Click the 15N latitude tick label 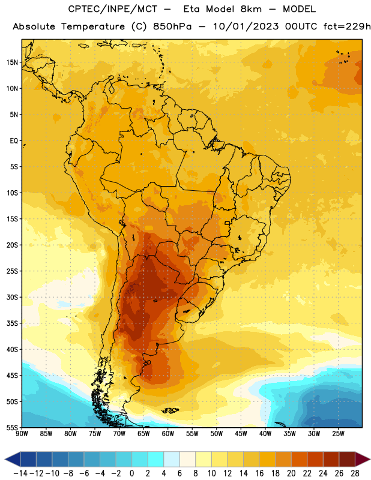(12, 62)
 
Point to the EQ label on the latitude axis (14, 141)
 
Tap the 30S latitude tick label (12, 297)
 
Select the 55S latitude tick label (12, 428)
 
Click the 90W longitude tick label (22, 434)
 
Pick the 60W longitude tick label (168, 434)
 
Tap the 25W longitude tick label (338, 434)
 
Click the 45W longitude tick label (241, 434)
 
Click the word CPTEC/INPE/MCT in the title (113, 9)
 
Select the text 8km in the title (251, 9)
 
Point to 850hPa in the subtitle (172, 26)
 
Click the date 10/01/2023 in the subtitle (246, 26)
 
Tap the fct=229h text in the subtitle (347, 26)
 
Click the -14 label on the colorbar (20, 473)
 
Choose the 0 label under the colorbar (131, 473)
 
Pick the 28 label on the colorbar (355, 473)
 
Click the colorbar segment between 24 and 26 (331, 459)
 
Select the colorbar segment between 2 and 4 (156, 459)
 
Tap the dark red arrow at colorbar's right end (363, 459)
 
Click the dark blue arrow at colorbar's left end (13, 459)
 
